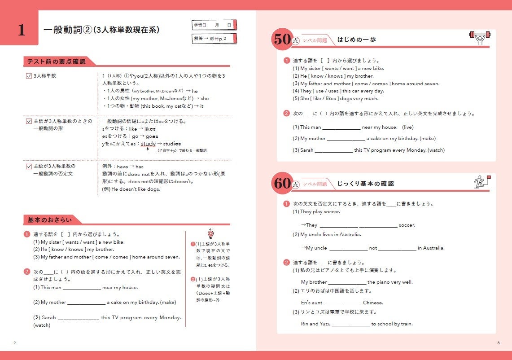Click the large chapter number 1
coord(21,30)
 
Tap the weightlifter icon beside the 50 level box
coord(480,39)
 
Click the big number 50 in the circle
coord(283,40)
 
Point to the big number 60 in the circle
coord(283,184)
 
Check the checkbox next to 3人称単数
coord(29,76)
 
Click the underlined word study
coord(148,144)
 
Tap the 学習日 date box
coord(214,25)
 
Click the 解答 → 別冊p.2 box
coord(214,39)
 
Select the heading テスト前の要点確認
coord(56,61)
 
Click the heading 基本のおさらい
coord(49,220)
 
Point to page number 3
coord(498,343)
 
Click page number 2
coord(15,343)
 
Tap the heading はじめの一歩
coord(357,40)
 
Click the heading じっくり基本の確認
coord(365,184)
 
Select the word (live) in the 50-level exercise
coord(407,127)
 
